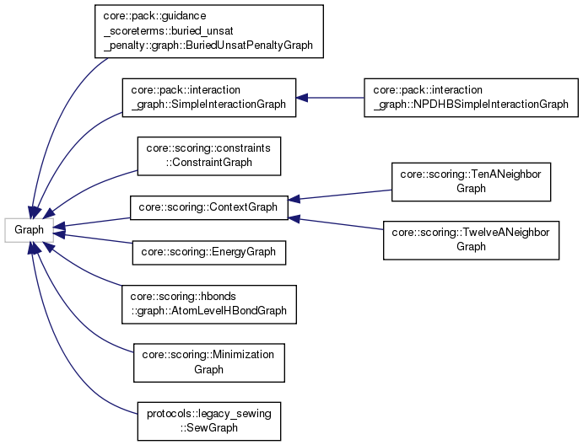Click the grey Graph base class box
pos(29,228)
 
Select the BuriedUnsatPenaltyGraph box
pos(209,32)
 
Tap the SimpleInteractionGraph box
pos(209,98)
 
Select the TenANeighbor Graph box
pos(471,182)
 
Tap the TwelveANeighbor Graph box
pos(471,240)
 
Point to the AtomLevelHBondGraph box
pos(209,304)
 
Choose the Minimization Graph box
pos(209,362)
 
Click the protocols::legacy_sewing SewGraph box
pos(208,420)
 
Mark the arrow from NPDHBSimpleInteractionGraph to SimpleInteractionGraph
pos(329,98)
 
